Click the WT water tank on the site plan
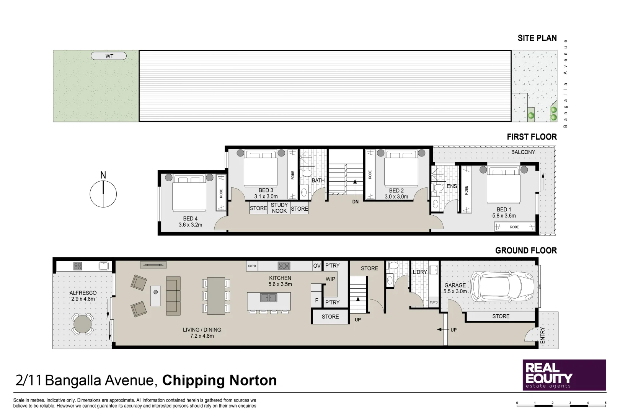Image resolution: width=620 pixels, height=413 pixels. tap(109, 56)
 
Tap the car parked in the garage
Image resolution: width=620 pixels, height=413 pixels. tap(502, 287)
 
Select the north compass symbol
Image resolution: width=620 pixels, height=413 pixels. tap(103, 193)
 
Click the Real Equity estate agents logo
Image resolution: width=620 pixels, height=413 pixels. tap(564, 375)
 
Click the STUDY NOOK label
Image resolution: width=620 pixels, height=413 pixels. tap(279, 208)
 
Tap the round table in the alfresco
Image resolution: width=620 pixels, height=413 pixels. tap(83, 325)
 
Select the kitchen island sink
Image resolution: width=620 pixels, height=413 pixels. tap(269, 298)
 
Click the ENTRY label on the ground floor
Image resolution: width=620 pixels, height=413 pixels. tap(542, 335)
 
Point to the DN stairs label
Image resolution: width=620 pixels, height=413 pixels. tap(356, 202)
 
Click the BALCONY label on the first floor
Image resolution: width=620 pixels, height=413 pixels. tap(523, 152)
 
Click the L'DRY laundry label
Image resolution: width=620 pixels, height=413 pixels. tap(420, 272)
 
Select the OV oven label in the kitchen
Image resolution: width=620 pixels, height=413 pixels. tap(317, 266)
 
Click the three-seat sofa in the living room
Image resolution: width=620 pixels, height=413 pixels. tap(173, 296)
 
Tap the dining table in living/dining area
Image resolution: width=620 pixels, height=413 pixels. tap(216, 296)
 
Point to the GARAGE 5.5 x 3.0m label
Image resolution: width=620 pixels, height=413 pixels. tap(455, 288)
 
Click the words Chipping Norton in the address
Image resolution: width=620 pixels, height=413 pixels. tap(219, 380)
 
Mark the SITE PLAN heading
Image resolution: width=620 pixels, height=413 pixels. tap(537, 38)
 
